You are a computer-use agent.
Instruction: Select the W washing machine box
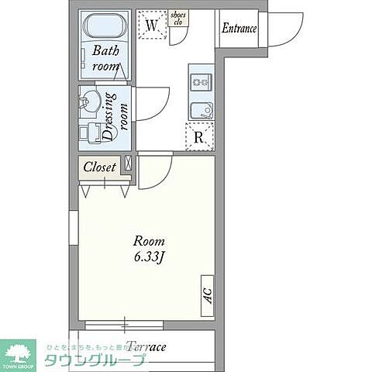tap(153, 25)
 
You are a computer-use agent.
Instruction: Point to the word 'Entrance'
tap(239, 29)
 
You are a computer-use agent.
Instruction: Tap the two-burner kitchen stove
tap(200, 79)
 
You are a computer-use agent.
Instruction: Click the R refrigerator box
tap(199, 138)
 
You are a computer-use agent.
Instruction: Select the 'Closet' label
tap(99, 167)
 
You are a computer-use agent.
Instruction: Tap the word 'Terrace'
tap(146, 346)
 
